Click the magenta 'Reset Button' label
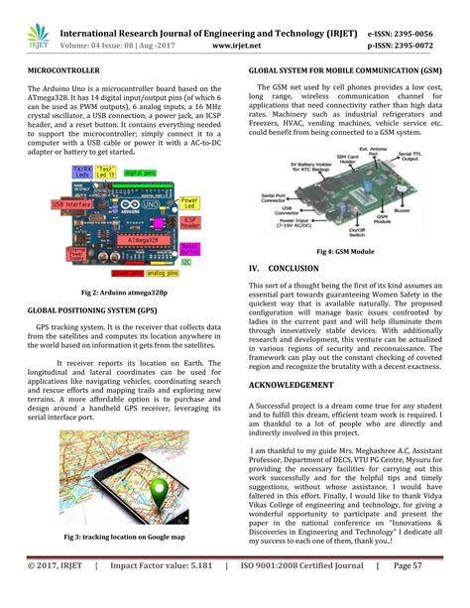[190, 247]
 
